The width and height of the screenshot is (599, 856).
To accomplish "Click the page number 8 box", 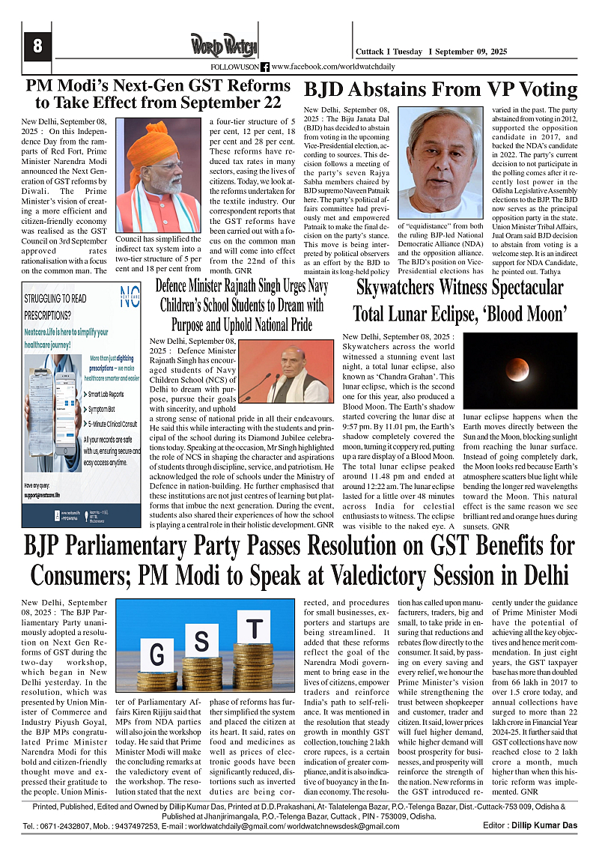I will (37, 46).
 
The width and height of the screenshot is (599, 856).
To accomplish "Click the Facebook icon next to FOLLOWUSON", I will (265, 67).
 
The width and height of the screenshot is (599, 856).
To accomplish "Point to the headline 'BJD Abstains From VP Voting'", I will (440, 90).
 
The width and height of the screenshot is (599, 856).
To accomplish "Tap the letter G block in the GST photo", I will (156, 654).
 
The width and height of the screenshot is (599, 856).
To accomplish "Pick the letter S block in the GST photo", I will (201, 641).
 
